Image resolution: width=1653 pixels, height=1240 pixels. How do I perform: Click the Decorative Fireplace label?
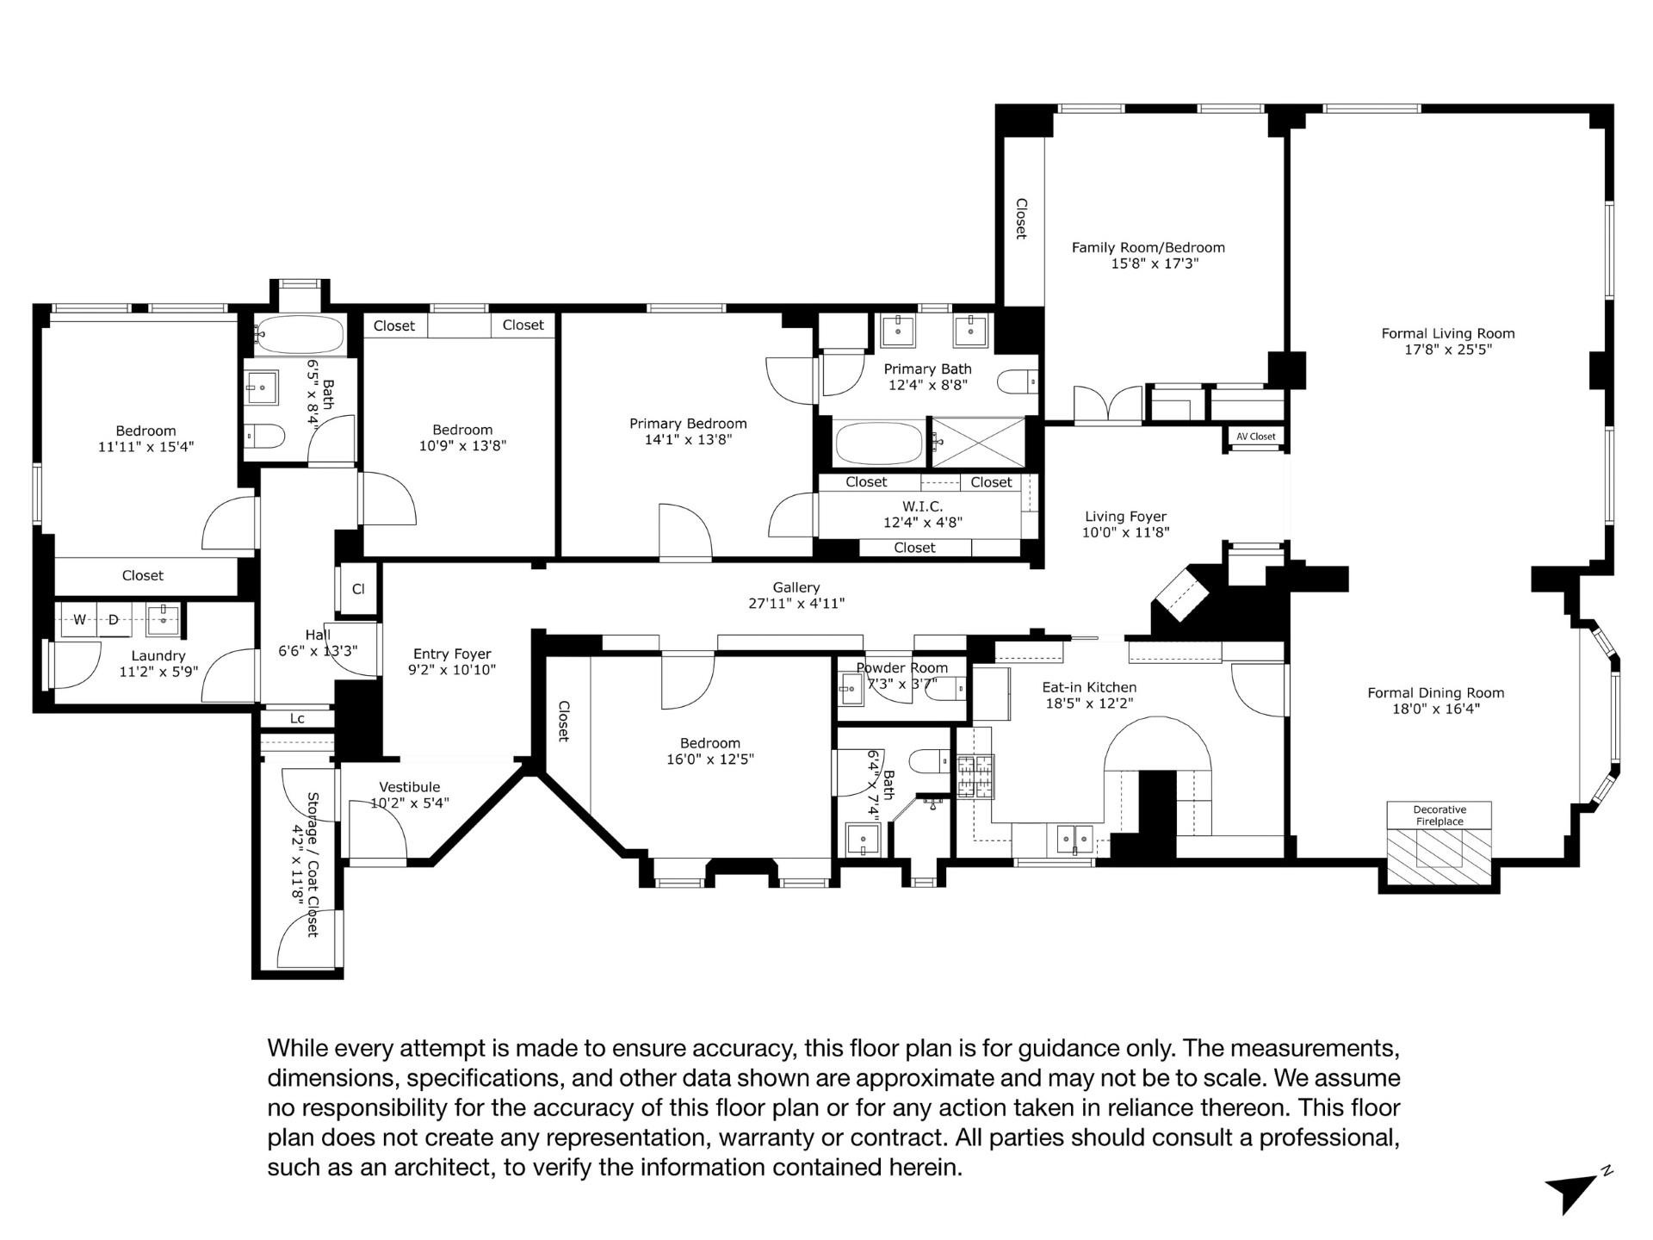tap(1439, 815)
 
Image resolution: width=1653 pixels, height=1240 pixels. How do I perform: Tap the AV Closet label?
tap(1255, 437)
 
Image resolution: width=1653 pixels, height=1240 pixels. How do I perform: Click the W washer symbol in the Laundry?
tap(79, 619)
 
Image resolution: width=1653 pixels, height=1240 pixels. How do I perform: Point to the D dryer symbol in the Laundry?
tap(113, 619)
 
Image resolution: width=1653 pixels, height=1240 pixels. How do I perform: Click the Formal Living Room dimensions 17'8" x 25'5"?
tap(1447, 350)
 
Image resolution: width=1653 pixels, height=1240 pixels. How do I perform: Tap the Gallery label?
tap(796, 587)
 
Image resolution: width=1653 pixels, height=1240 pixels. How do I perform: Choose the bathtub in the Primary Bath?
tap(878, 443)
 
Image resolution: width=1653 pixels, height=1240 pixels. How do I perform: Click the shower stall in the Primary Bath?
tap(980, 443)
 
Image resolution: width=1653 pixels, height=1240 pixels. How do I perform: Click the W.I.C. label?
tap(922, 506)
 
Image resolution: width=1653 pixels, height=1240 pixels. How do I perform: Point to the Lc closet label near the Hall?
tap(297, 718)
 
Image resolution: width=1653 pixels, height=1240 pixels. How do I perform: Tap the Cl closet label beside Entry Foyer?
tap(358, 590)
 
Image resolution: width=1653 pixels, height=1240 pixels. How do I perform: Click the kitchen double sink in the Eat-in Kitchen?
tap(1074, 838)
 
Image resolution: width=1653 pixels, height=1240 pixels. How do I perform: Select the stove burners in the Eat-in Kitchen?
tap(975, 777)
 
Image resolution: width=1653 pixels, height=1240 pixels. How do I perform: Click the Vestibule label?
tap(409, 787)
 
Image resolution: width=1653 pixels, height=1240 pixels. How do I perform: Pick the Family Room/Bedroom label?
tap(1148, 247)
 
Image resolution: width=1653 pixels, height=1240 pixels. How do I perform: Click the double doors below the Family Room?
tap(1107, 405)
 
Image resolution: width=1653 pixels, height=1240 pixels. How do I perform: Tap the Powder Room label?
tap(901, 668)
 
